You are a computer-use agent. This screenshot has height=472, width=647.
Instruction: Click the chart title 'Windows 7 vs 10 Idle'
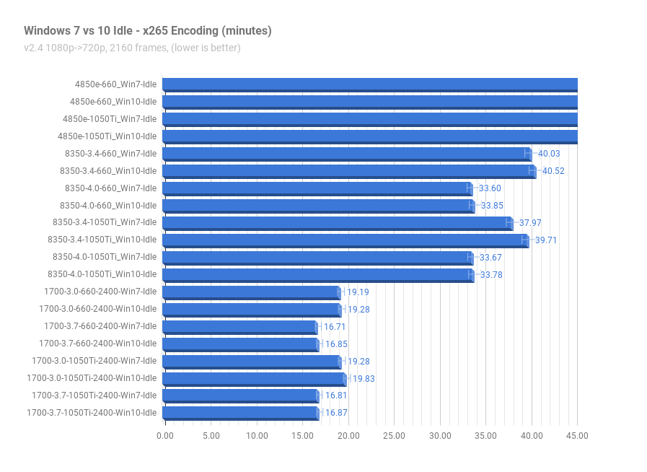[79, 31]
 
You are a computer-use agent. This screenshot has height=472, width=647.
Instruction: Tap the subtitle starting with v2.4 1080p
[132, 48]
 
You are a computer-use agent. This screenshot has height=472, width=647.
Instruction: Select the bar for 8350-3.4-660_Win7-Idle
[347, 154]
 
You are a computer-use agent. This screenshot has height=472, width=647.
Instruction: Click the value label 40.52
[553, 171]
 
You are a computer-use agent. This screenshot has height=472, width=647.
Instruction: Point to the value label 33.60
[490, 188]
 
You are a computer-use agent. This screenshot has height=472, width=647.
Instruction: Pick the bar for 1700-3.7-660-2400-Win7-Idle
[241, 328]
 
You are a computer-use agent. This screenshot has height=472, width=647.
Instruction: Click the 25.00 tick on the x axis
[394, 436]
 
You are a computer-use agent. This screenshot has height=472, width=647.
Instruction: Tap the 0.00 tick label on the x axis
[165, 436]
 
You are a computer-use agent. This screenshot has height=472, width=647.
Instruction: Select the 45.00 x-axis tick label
[577, 436]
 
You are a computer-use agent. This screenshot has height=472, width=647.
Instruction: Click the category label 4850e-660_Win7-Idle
[116, 84]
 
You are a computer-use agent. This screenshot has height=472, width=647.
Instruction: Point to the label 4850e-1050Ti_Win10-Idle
[107, 136]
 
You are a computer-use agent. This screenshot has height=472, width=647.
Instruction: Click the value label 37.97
[530, 223]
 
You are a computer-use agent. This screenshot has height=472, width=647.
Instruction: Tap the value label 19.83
[364, 379]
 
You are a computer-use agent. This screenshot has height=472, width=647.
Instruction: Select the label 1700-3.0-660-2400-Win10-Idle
[98, 310]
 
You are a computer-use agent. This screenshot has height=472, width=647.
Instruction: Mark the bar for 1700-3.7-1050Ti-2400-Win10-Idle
[241, 414]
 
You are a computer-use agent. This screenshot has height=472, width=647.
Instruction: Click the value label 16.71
[335, 327]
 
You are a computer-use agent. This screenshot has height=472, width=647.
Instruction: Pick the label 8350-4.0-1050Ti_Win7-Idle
[105, 257]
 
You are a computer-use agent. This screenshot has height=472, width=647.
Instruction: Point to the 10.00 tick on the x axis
[257, 436]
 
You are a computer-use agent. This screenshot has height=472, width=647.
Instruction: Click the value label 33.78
[491, 275]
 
